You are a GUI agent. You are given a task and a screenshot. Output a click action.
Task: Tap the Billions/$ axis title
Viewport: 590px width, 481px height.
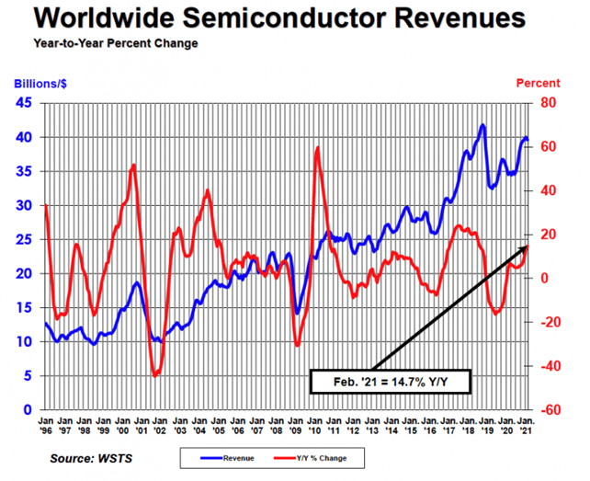coord(38,84)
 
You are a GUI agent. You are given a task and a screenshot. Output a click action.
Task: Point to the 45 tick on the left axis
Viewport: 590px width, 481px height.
coord(25,103)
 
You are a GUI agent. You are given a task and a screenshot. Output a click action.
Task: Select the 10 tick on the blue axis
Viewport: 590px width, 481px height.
coord(25,341)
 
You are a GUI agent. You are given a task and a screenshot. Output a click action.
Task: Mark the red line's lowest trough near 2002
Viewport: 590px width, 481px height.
coord(155,375)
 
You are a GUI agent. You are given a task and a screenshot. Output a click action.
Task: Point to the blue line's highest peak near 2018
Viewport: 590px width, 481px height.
coord(482,125)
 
